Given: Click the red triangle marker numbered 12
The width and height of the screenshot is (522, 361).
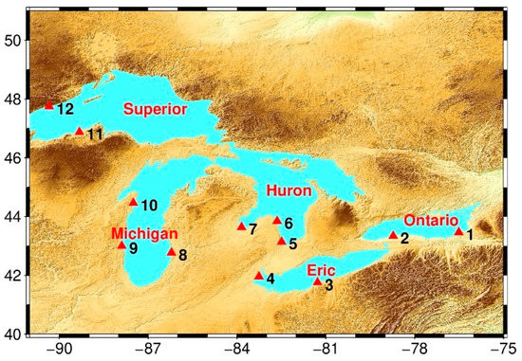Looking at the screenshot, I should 49,105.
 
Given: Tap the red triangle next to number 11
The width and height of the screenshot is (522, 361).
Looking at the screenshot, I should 79,132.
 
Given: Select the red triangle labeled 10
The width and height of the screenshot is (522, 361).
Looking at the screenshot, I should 133,201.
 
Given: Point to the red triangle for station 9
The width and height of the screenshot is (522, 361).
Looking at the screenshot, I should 121,244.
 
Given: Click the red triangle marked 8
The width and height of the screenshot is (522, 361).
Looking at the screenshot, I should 172,251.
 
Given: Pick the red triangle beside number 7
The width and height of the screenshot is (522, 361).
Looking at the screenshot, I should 242,226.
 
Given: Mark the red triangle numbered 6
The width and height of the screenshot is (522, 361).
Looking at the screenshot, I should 277,220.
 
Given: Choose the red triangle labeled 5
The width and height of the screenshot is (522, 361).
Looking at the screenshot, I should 282,241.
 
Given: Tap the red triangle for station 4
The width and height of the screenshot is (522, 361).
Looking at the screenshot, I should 259,276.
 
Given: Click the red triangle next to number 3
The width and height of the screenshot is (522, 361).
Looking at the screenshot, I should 317,281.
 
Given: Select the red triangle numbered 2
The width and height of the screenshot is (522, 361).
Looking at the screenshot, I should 394,235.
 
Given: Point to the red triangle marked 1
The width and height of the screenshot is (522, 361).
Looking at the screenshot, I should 459,230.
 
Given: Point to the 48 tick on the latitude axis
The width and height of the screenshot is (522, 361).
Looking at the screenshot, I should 15,99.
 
